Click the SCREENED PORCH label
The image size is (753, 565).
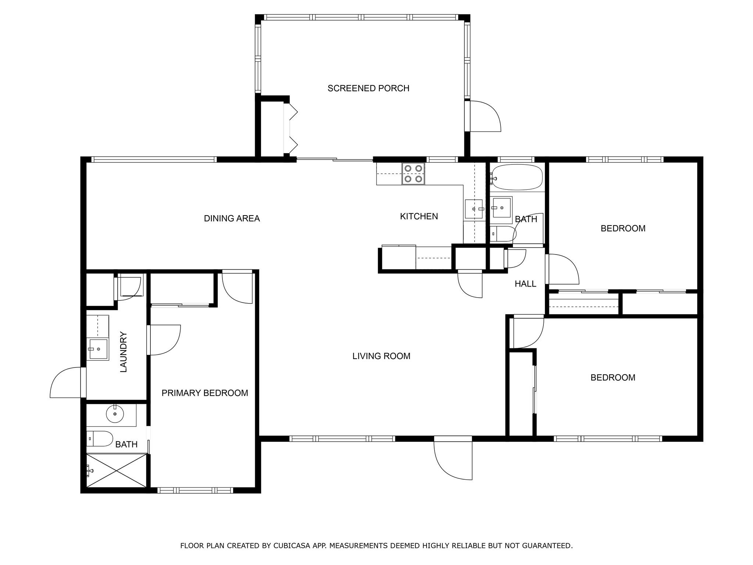(x=368, y=88)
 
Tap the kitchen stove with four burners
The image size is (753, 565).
(x=413, y=174)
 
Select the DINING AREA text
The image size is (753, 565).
(x=232, y=218)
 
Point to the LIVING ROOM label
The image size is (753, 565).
(x=381, y=356)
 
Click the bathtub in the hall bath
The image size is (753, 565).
(x=517, y=177)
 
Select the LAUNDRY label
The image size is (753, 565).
(x=124, y=352)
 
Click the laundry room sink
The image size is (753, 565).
(x=98, y=349)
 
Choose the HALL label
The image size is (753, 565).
(x=525, y=284)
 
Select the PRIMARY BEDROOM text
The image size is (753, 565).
(x=205, y=393)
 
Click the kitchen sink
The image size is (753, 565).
(x=474, y=209)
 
